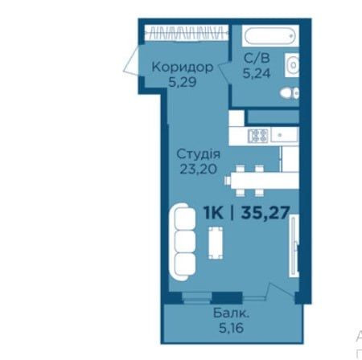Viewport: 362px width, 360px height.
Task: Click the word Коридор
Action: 182,67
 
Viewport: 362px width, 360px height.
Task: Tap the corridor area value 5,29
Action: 182,81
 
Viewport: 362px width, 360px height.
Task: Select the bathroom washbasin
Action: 293,64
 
